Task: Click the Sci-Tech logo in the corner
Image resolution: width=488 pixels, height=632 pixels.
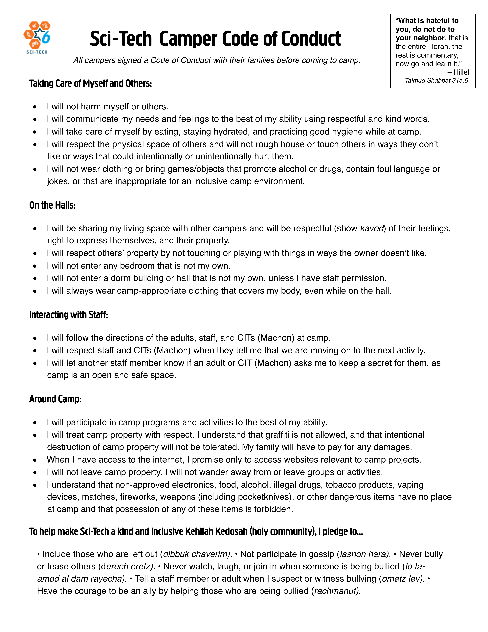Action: pos(37,37)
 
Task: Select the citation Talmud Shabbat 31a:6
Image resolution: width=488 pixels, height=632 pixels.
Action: pos(436,80)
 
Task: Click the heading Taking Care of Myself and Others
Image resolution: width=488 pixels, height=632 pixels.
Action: pos(91,83)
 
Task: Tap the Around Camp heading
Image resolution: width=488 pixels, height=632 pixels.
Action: pos(55,399)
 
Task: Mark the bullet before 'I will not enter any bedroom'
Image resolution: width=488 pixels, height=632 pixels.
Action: pos(35,266)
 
